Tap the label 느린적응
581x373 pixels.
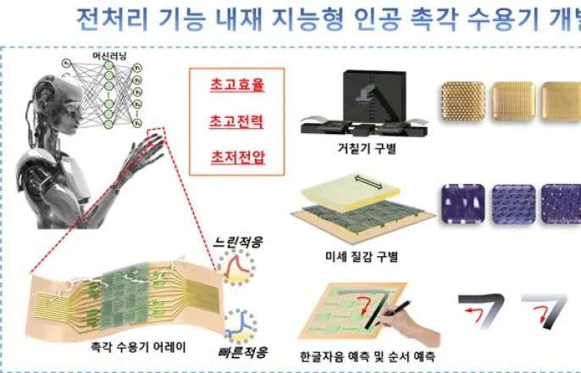[238, 242]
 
